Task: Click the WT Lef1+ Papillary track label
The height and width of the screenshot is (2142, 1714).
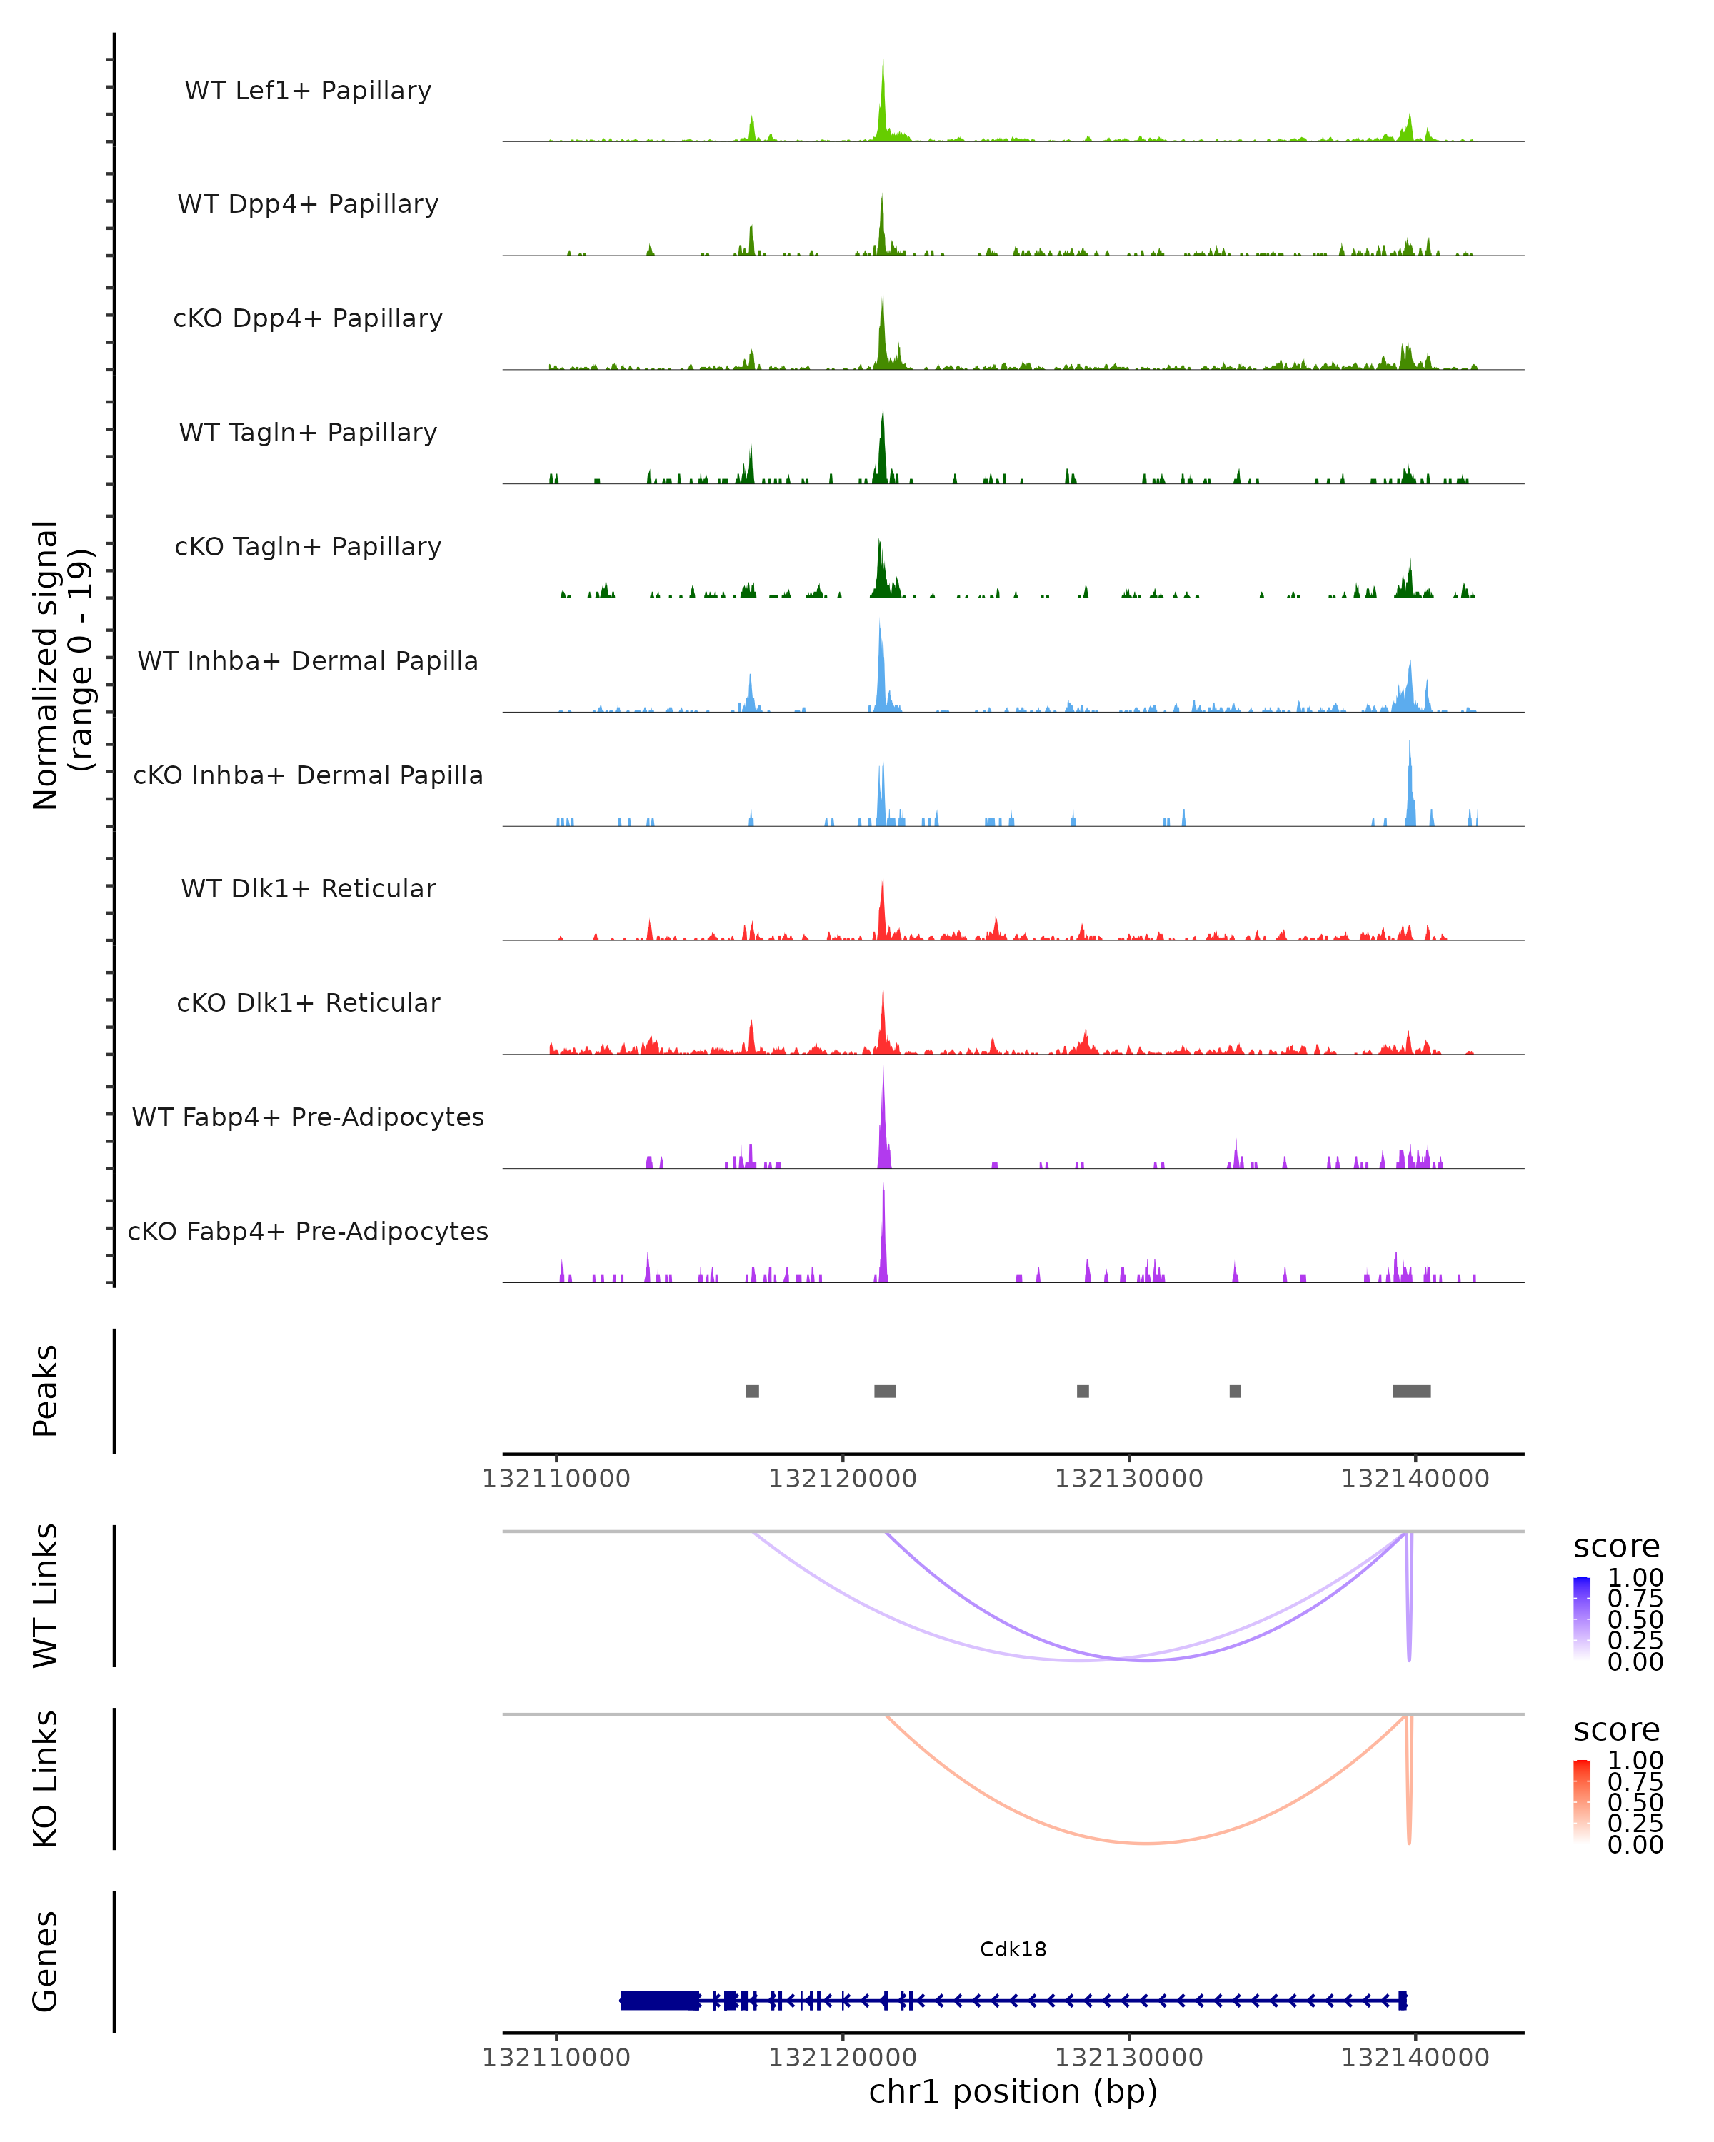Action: point(308,91)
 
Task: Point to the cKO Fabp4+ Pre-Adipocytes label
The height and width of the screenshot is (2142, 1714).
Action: point(308,1231)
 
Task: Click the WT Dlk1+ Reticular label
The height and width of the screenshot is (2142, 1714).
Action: point(308,889)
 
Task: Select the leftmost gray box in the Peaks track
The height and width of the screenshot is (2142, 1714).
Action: point(752,1391)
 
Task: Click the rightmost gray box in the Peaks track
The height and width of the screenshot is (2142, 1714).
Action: point(1411,1391)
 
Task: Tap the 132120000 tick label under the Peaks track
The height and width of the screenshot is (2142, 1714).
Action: point(843,1479)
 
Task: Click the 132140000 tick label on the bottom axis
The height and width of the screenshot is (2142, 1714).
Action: point(1415,2058)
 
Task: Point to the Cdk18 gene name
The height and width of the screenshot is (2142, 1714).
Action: point(1013,1949)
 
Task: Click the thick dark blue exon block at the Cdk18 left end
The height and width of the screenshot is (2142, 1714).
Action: point(658,2001)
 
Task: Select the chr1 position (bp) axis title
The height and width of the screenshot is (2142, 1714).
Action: point(1013,2092)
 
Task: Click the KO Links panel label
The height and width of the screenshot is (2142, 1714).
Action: point(46,1779)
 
